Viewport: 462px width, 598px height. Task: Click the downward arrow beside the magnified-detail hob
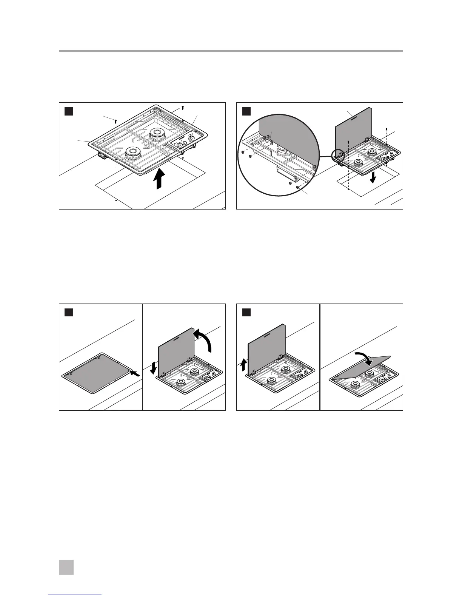(x=373, y=177)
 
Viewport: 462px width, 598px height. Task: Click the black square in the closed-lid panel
(x=68, y=312)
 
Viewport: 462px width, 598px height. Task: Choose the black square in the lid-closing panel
(x=246, y=312)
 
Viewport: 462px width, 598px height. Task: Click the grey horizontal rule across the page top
(x=231, y=51)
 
